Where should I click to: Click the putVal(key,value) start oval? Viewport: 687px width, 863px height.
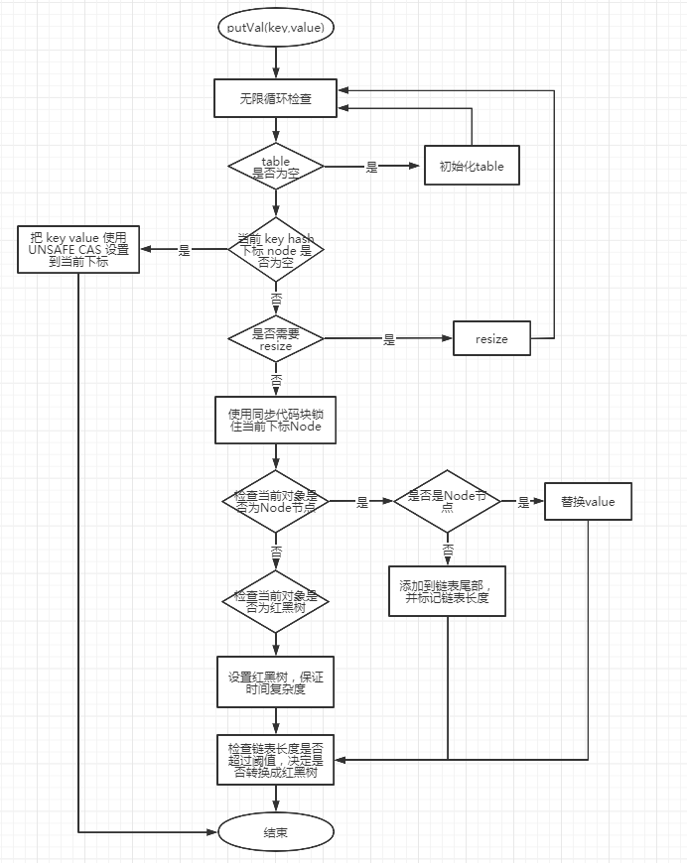275,28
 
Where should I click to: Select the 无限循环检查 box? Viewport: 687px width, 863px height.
275,97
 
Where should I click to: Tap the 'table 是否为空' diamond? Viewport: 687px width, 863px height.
275,166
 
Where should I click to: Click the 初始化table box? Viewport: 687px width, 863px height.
472,166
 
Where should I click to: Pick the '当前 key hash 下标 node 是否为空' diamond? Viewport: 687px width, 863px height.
275,251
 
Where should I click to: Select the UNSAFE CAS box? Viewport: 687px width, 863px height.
79,250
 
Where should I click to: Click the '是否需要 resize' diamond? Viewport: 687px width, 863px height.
275,339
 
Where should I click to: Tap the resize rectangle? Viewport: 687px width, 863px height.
491,339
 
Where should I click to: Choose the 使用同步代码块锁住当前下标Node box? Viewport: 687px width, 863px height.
275,420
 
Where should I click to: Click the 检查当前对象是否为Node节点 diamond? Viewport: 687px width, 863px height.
275,501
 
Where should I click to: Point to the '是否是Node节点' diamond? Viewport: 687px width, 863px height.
447,501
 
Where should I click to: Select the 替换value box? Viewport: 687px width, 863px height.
588,502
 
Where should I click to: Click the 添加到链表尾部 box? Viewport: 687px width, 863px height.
447,592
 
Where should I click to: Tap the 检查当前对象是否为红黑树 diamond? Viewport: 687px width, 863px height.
275,602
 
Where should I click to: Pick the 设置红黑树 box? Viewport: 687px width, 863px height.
275,681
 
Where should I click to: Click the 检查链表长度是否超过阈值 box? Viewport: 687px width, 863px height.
275,760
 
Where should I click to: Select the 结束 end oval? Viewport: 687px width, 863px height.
275,832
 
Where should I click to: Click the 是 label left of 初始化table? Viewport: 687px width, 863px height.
372,167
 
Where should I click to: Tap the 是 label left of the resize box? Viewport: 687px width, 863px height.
389,339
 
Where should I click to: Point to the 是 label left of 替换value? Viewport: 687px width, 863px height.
523,503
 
